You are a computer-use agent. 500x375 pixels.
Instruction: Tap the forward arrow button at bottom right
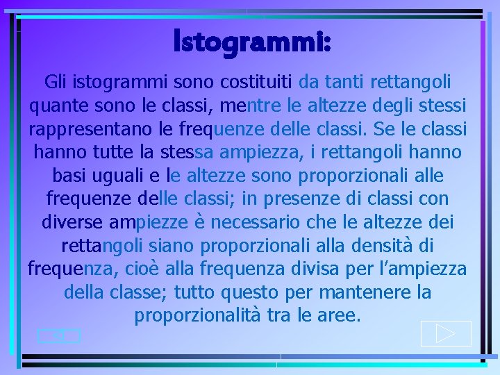click(x=446, y=333)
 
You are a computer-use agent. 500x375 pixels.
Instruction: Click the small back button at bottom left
click(x=59, y=336)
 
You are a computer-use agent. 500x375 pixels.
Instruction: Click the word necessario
click(x=265, y=222)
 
